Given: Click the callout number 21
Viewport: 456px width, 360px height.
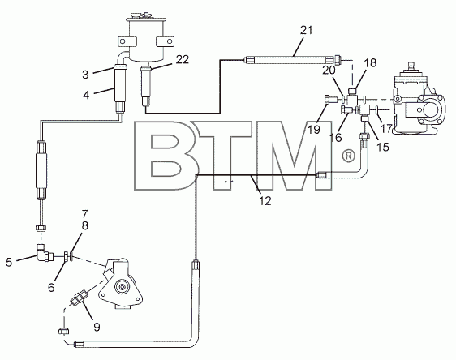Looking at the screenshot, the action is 306,30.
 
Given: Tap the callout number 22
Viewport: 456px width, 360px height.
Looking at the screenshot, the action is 183,59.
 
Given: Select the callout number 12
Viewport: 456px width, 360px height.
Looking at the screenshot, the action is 265,201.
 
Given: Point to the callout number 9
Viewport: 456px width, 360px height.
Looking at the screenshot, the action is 97,328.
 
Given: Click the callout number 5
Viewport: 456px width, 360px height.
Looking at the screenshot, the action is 9,263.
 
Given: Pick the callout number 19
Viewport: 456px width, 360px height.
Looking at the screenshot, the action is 314,130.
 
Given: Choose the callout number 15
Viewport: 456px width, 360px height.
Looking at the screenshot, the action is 383,147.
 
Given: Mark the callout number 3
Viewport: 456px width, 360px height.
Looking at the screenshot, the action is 85,75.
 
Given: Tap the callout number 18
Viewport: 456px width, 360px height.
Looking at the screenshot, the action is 371,62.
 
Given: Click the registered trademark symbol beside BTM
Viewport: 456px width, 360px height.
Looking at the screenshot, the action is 349,156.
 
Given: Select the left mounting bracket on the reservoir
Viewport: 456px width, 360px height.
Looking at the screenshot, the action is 127,41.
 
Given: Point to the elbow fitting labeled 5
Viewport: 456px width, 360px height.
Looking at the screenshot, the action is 45,253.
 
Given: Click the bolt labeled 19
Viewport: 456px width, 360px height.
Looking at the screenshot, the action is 330,100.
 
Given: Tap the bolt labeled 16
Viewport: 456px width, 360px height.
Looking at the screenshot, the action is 346,110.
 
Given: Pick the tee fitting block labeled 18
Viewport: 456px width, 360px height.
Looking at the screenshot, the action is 352,101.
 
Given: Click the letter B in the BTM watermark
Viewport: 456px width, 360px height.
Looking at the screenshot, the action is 166,156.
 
